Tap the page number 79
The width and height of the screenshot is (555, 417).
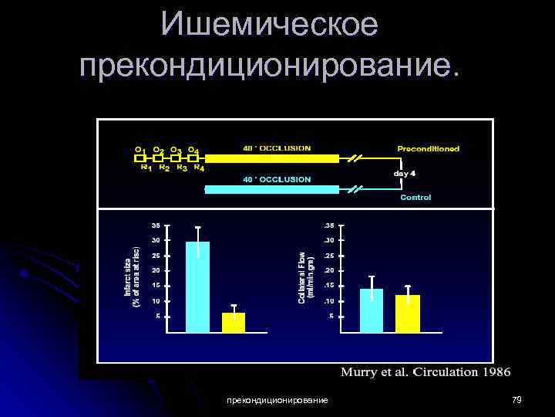(517, 399)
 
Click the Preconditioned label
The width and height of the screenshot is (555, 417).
(428, 148)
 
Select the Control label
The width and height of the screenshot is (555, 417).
(415, 198)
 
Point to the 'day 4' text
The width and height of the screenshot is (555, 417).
(405, 173)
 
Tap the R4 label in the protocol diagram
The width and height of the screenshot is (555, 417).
(199, 167)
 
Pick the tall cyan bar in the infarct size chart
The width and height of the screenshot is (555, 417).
(197, 286)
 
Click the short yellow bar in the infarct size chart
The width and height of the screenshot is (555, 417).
(234, 322)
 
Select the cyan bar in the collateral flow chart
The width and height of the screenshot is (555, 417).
(372, 310)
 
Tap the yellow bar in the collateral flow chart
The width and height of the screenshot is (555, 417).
(408, 314)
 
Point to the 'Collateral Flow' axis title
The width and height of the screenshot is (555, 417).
(306, 274)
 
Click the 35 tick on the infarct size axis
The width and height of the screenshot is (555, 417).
(156, 225)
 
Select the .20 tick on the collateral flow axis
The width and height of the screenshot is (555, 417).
(329, 271)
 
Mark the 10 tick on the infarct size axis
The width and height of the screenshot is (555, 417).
(156, 301)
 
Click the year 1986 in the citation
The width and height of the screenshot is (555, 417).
(496, 372)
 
